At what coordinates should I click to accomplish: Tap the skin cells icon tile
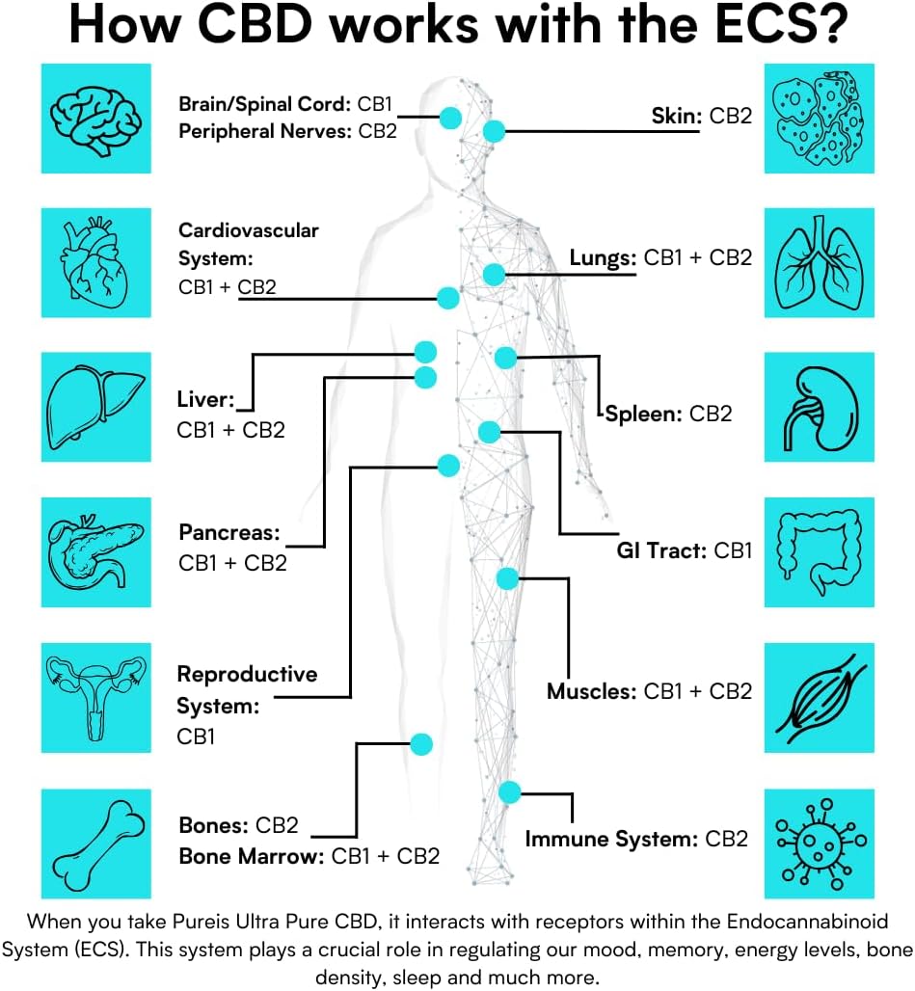819,119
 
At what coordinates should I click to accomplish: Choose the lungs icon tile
819,261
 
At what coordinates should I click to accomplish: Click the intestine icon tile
819,552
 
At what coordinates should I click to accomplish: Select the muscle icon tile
819,697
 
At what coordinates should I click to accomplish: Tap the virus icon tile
819,842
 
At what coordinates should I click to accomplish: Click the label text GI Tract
660,551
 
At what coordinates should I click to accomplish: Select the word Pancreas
229,532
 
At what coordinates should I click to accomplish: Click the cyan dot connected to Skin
495,131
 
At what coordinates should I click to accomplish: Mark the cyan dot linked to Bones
421,743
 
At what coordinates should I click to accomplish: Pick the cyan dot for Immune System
510,792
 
